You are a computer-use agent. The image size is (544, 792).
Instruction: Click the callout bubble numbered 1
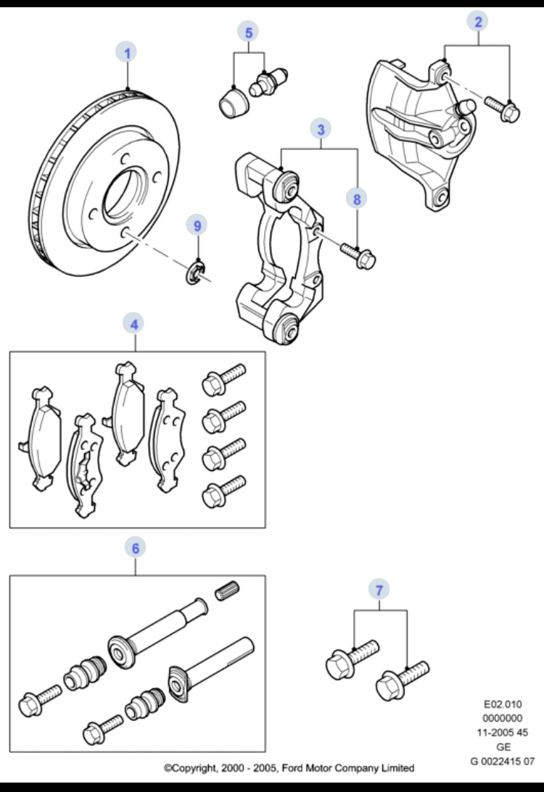(128, 52)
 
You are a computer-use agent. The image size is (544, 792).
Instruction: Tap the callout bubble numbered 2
(477, 22)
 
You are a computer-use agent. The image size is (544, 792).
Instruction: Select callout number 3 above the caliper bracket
(320, 129)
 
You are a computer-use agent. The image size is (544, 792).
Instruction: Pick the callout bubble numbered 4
(134, 324)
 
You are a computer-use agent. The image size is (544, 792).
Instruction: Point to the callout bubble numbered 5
(248, 33)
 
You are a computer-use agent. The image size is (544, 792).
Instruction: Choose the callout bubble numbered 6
(134, 548)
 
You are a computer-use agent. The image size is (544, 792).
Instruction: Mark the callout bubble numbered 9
(196, 225)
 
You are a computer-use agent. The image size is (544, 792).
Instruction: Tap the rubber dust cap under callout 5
(232, 101)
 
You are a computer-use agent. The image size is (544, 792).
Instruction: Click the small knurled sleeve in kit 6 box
(227, 590)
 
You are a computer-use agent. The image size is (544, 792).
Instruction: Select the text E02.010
(502, 704)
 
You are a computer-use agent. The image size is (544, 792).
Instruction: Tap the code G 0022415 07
(502, 761)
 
